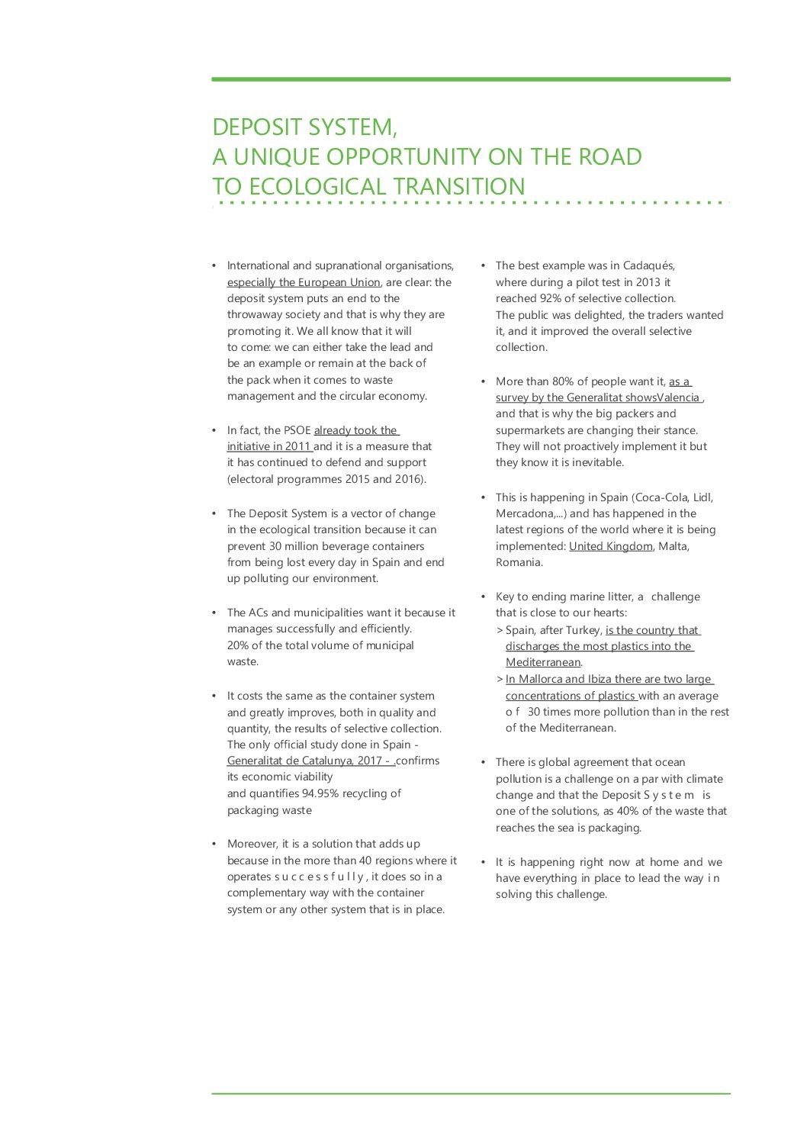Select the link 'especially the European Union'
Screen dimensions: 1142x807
[304, 282]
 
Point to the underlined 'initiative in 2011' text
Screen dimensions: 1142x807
[268, 446]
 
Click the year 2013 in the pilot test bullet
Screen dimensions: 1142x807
[648, 282]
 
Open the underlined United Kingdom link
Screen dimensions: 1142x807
[610, 546]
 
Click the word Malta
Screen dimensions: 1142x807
[674, 546]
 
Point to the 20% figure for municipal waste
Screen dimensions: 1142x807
[238, 645]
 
